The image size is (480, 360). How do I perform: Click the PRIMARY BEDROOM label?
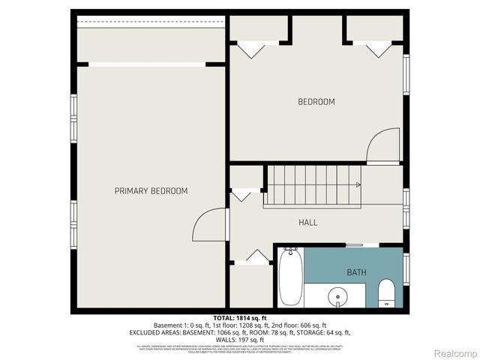[151, 191]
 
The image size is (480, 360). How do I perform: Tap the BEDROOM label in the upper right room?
[316, 102]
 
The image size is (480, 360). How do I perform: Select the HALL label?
[307, 223]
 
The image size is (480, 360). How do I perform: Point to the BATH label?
[356, 272]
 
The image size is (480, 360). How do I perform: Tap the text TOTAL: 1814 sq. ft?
[240, 318]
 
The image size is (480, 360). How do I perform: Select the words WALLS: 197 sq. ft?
[240, 338]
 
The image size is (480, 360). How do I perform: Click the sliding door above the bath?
[362, 245]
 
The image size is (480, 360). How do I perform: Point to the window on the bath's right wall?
[406, 269]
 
